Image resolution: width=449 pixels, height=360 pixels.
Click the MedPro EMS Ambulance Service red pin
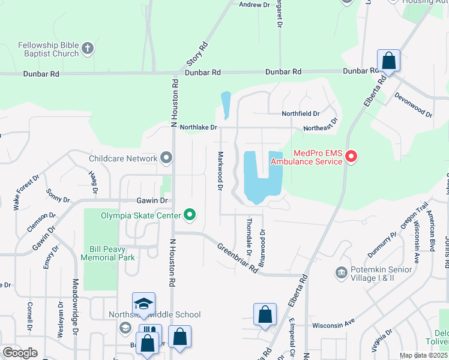tap(351, 158)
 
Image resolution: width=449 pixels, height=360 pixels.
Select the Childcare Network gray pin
tap(166, 158)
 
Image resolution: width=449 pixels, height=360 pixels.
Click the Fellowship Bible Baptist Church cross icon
tap(88, 49)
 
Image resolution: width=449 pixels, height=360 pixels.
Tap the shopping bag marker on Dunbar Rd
tap(388, 61)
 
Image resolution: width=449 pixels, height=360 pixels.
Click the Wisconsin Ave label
tap(334, 325)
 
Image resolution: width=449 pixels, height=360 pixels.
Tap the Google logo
tap(20, 352)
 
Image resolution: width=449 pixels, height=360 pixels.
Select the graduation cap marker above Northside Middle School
tap(144, 304)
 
